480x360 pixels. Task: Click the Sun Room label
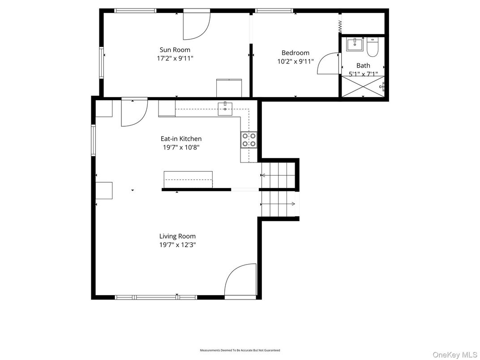tap(175, 50)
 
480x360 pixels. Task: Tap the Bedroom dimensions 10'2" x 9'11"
tap(295, 61)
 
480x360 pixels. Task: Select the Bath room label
tap(363, 65)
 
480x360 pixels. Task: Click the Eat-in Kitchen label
tap(181, 139)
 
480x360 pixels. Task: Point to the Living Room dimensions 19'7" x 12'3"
tap(177, 245)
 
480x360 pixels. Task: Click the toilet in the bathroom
tap(372, 46)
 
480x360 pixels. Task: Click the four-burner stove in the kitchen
tap(249, 140)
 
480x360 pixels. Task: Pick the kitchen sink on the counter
tap(225, 108)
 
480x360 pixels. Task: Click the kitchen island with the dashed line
tap(188, 180)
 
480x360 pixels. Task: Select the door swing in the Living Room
tap(240, 280)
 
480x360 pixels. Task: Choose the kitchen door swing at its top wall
tap(133, 113)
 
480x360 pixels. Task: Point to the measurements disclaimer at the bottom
tap(240, 350)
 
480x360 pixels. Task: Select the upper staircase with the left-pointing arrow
tap(278, 175)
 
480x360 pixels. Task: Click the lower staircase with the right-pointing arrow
tap(278, 204)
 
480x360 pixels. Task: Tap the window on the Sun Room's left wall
tap(101, 62)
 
